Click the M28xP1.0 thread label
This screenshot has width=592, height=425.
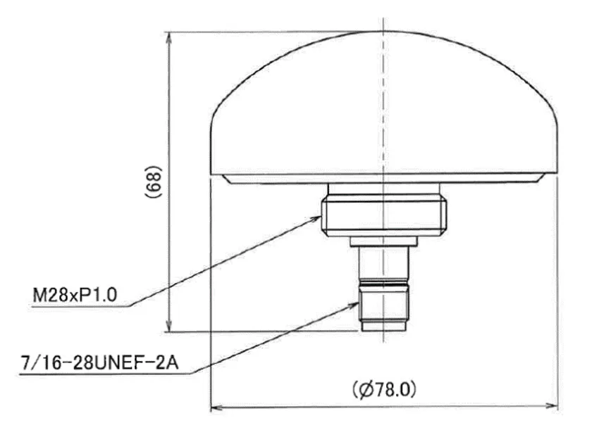[75, 295]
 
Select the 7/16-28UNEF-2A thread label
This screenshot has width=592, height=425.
[99, 363]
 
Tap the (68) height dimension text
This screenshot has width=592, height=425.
[154, 182]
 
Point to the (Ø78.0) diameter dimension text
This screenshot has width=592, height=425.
[384, 390]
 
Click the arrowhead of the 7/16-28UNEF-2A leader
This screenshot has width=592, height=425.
[352, 305]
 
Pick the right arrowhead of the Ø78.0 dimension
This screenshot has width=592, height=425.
[552, 406]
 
